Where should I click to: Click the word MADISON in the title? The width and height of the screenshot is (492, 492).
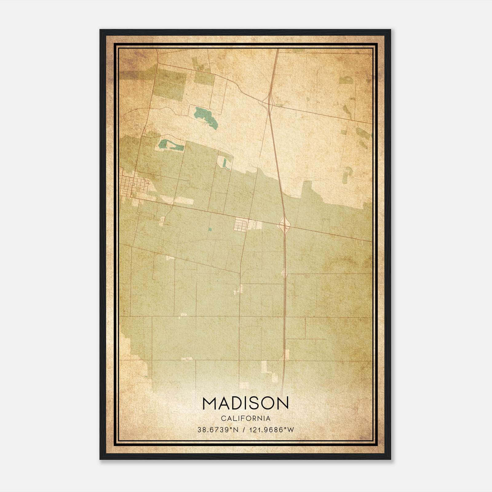pos(245,403)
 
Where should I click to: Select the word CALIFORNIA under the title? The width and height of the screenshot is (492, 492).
pos(245,418)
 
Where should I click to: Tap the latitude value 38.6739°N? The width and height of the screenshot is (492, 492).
pos(218,430)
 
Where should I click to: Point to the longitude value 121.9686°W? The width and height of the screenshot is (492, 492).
pos(271,430)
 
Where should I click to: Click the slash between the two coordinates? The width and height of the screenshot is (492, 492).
pos(244,430)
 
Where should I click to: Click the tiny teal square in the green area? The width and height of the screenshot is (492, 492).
pos(210,229)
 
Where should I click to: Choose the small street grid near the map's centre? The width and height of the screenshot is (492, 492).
pos(241,224)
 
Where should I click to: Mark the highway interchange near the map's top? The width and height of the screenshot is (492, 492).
pos(269,101)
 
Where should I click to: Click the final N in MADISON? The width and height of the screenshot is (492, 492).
pos(282,403)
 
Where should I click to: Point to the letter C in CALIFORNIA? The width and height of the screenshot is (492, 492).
pos(222,418)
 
